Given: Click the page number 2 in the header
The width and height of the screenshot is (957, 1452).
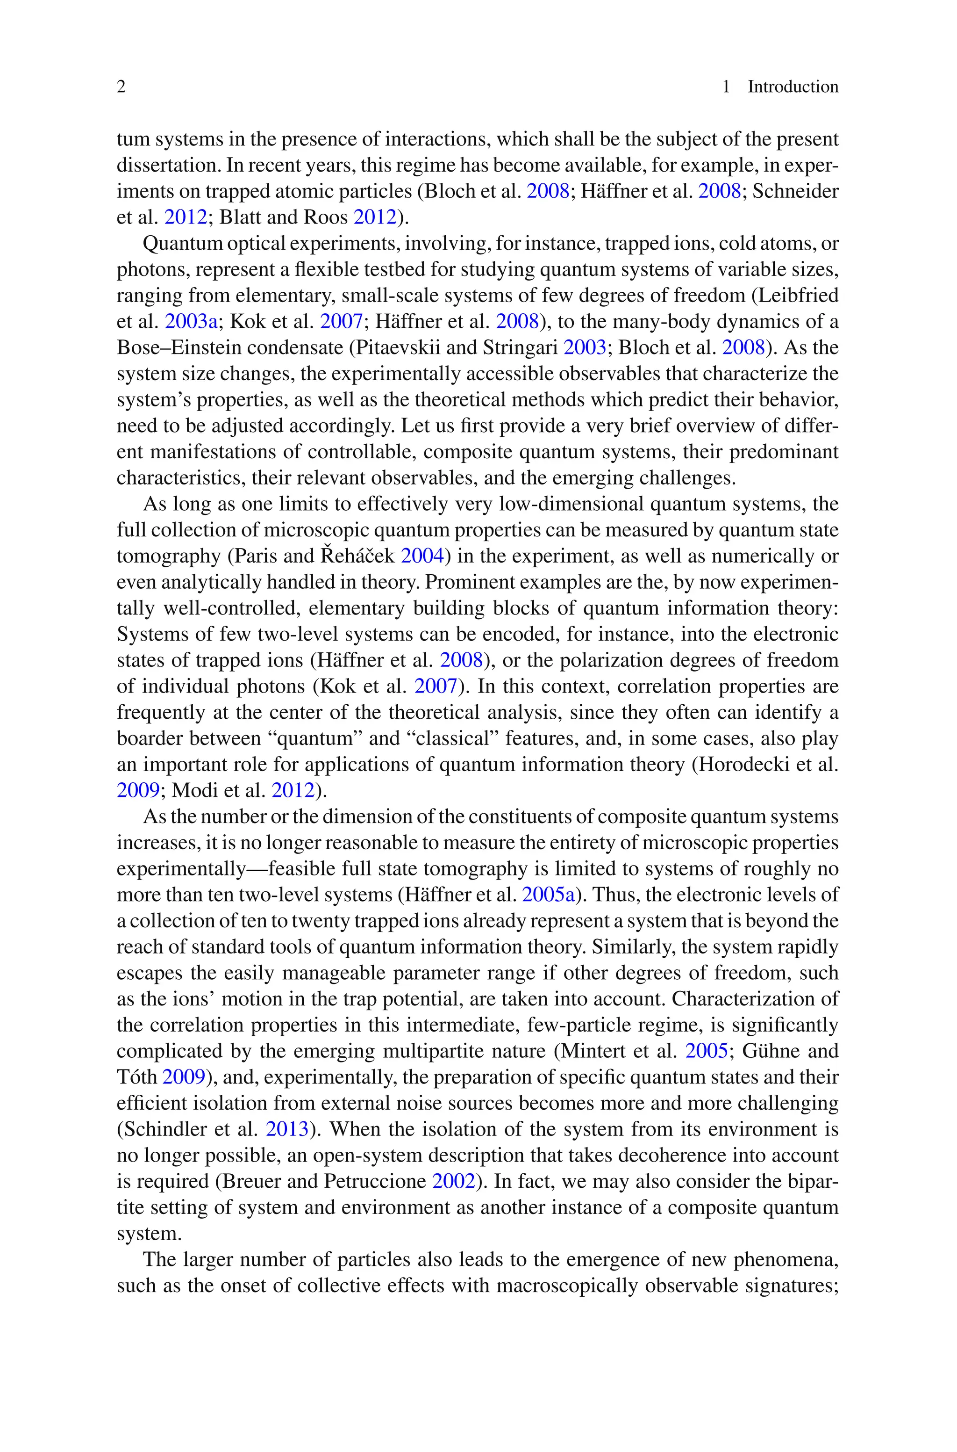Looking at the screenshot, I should coord(121,87).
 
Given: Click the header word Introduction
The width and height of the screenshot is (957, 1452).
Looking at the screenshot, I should coord(793,87).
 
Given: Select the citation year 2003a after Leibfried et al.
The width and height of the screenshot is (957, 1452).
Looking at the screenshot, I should coord(191,321).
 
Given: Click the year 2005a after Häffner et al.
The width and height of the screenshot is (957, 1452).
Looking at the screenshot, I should coord(549,895).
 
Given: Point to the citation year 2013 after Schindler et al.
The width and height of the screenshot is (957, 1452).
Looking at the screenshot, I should coord(287,1129).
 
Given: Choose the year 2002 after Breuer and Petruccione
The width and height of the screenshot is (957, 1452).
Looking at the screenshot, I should coord(453,1181).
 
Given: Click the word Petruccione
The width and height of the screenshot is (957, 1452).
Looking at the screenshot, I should coord(375,1181).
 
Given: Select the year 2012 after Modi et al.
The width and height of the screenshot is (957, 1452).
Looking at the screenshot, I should coord(293,790).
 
